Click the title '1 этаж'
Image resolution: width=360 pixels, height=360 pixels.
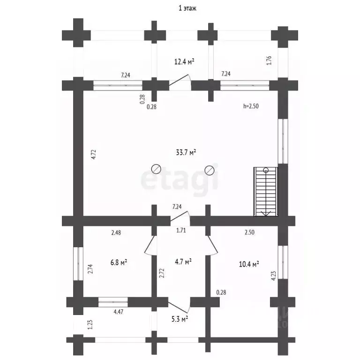tap(187, 8)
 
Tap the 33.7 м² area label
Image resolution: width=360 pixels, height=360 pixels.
tap(186, 152)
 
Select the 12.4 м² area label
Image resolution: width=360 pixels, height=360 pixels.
tap(184, 61)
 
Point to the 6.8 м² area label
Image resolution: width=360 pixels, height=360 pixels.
tap(119, 262)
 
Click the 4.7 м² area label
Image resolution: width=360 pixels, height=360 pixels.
tap(183, 262)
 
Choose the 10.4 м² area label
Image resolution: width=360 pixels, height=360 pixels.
tap(249, 264)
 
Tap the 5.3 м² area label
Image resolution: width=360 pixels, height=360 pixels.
tap(180, 319)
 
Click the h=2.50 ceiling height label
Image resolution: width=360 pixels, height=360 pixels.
tap(251, 106)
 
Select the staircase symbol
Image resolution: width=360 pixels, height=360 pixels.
tap(266, 192)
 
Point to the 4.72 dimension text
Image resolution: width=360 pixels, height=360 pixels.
tap(94, 154)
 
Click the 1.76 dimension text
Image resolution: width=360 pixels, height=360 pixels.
tap(269, 60)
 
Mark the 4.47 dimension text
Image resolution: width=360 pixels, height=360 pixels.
tap(119, 312)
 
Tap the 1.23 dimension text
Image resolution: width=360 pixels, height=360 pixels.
tap(90, 325)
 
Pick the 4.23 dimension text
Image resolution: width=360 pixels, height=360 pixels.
tap(273, 276)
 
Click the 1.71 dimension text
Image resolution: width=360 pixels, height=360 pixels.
tap(181, 230)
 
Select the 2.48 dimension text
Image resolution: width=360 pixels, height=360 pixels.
tap(116, 232)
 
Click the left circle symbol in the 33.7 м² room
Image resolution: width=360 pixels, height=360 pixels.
tap(156, 169)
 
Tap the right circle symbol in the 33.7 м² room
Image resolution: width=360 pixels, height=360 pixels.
tap(210, 170)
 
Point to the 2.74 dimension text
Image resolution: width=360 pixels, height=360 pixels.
tap(90, 269)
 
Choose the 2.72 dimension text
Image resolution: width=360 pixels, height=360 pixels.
tap(162, 273)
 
